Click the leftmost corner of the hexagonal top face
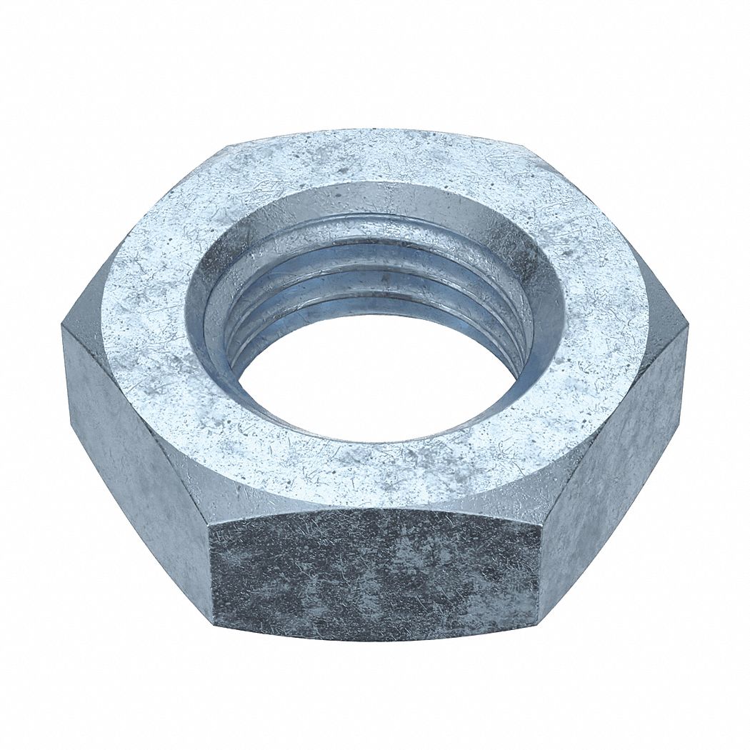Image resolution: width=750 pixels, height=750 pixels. point(64,325)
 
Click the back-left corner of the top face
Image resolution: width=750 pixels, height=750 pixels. point(227,146)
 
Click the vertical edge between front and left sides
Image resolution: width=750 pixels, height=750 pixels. point(211,571)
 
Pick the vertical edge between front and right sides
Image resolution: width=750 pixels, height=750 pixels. point(539,571)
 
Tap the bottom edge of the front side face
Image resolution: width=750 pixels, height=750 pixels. point(375,638)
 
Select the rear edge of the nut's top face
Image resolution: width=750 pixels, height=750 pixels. point(379,132)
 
